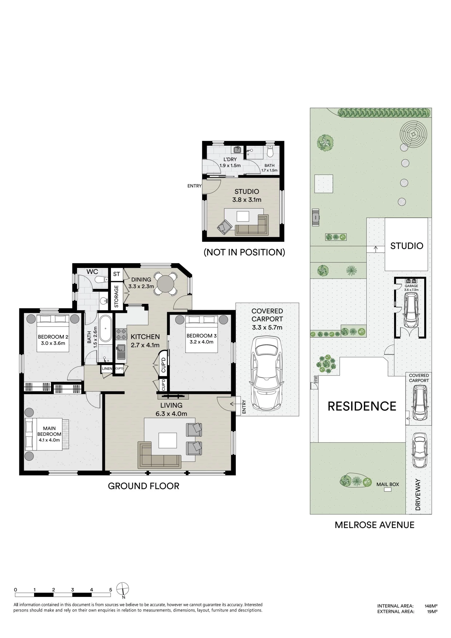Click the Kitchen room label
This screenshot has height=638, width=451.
click(x=145, y=337)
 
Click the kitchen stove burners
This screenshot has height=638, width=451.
click(x=121, y=334)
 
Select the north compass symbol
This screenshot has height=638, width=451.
click(x=123, y=590)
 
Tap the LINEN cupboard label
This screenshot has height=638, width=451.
click(x=107, y=369)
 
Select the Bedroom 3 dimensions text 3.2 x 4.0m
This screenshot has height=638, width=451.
click(x=201, y=342)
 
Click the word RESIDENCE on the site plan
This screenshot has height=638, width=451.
click(x=362, y=406)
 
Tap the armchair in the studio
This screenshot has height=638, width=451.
click(x=224, y=227)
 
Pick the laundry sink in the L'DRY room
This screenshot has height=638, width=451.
click(x=237, y=150)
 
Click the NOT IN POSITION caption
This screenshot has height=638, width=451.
click(x=244, y=252)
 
